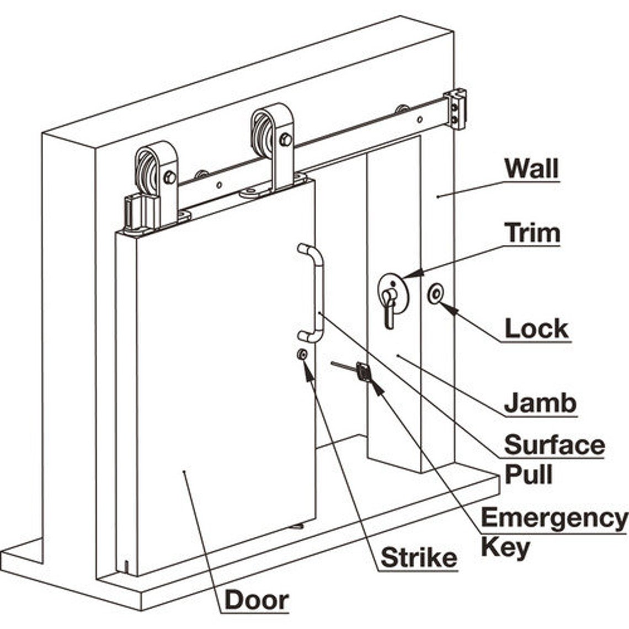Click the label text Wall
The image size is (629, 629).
(x=532, y=169)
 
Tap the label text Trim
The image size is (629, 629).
(x=532, y=233)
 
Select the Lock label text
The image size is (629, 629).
(x=536, y=329)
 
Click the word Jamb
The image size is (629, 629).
(x=540, y=403)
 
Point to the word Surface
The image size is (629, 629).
(x=554, y=445)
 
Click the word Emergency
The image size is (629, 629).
(x=554, y=518)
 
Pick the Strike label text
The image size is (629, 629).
(x=419, y=558)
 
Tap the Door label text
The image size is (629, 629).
(x=257, y=600)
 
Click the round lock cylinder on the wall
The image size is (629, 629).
(x=436, y=294)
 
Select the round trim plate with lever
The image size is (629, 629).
(x=392, y=292)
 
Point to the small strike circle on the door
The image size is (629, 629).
(x=302, y=354)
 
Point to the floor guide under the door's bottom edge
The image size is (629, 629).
(x=298, y=526)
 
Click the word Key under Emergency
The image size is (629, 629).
(x=505, y=547)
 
